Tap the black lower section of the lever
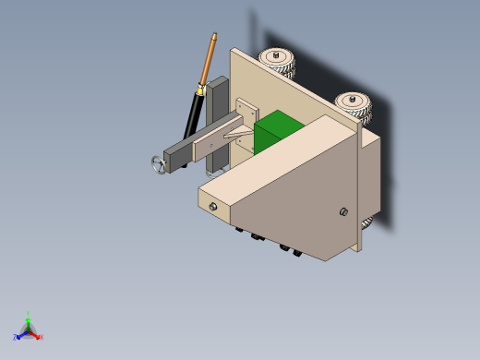(x=191, y=114)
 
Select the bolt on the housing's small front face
(x=214, y=208)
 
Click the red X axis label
(x=42, y=337)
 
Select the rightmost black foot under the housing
(x=297, y=251)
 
